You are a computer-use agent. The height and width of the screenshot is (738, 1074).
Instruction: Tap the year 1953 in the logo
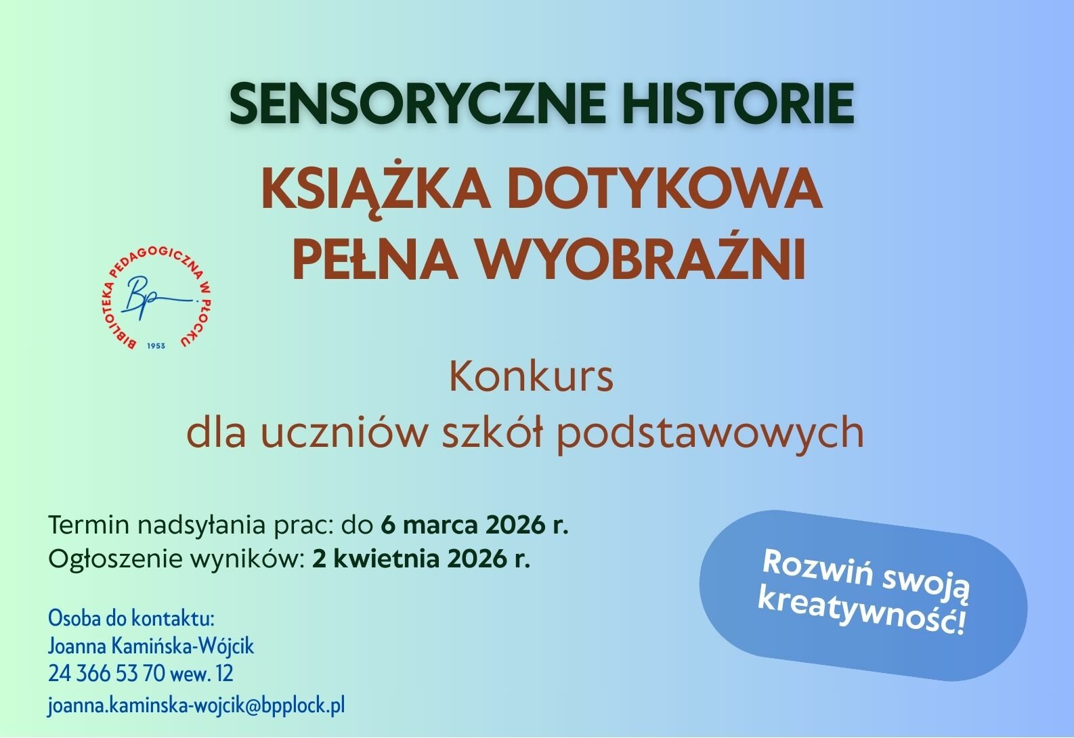156,346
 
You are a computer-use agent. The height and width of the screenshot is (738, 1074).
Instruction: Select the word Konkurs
531,378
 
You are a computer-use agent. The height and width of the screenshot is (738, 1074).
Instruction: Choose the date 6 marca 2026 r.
475,525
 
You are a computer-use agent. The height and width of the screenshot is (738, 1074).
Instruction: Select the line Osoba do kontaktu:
131,619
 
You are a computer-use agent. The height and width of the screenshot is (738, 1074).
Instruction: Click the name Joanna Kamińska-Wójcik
151,647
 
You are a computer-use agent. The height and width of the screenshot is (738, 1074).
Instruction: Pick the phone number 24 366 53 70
106,674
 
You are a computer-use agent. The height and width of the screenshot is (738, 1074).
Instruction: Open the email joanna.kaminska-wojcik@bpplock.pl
196,706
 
